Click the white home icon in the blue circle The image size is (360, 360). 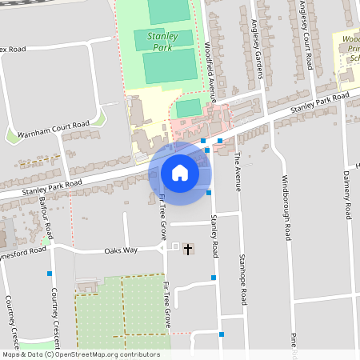(x=179, y=172)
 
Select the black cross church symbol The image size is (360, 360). (x=188, y=250)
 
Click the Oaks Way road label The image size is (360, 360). (x=121, y=250)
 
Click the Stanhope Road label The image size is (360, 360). (x=243, y=279)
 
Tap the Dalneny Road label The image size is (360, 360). (x=347, y=195)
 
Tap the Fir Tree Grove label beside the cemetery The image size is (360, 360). (x=166, y=305)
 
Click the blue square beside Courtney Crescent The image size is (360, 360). (x=49, y=274)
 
